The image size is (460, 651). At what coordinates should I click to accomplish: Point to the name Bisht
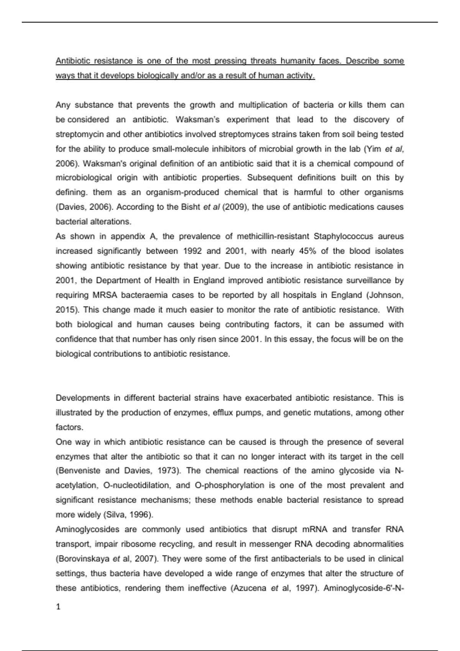coord(191,207)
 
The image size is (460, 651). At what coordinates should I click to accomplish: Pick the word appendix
coord(128,236)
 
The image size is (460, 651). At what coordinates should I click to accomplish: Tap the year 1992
coord(193,251)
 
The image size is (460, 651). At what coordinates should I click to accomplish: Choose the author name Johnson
coord(386,295)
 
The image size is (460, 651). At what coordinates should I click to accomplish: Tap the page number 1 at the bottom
coord(58,607)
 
